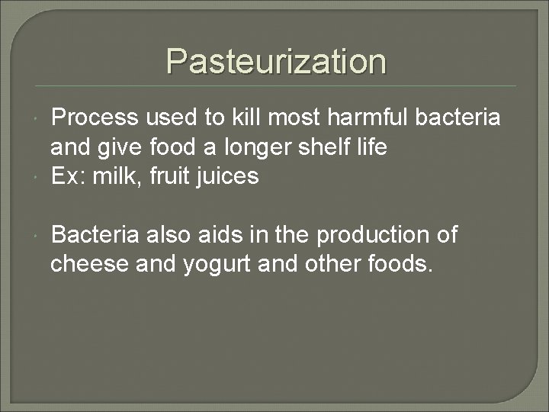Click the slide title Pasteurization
276,61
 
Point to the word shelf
332,147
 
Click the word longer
262,147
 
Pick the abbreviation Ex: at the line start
69,177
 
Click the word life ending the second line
373,147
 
